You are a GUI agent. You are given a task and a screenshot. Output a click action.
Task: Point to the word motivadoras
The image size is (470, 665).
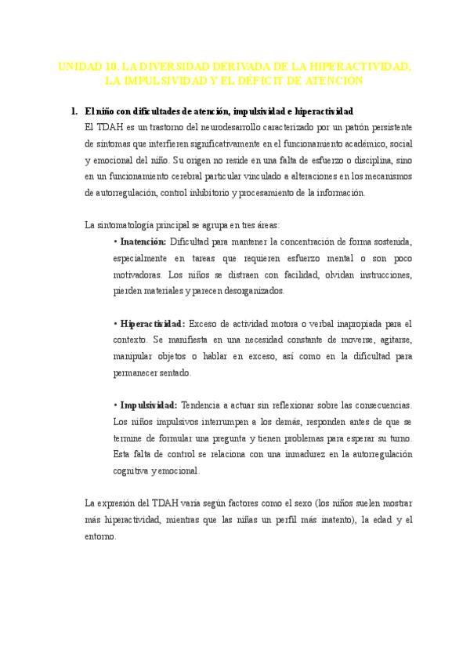click(x=138, y=275)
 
